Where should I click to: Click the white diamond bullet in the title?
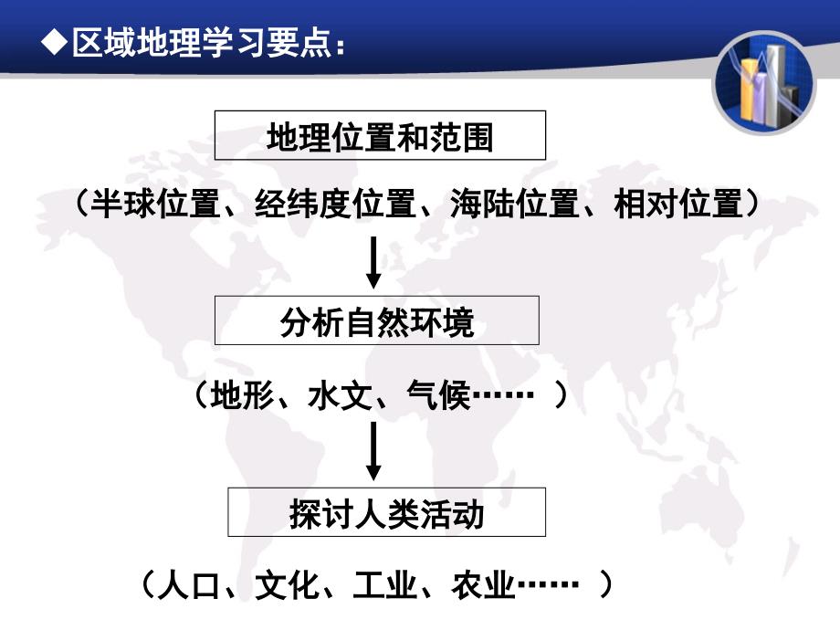point(55,41)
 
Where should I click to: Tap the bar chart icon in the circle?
point(764,82)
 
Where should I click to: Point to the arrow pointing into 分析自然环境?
point(373,263)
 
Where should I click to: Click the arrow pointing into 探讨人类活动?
point(373,451)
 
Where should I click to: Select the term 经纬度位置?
point(335,204)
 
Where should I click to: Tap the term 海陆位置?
point(515,204)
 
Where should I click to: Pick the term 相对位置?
point(678,204)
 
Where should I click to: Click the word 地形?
point(243,395)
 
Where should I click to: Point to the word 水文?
point(341,395)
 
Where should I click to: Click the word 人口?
point(190,584)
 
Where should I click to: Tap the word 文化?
point(287,584)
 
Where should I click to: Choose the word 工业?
point(385,584)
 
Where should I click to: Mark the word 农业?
point(483,584)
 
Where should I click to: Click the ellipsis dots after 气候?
point(502,395)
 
